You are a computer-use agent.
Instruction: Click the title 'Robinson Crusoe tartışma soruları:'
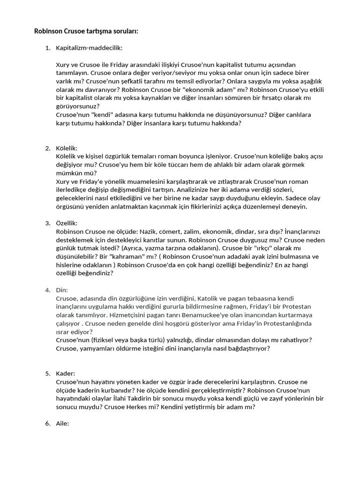click(x=86, y=31)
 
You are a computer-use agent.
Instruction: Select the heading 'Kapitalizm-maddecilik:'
click(x=89, y=48)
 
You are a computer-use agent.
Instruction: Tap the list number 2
click(x=47, y=148)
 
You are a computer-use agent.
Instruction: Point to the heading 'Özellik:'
click(x=67, y=223)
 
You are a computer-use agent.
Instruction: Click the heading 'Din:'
click(x=62, y=290)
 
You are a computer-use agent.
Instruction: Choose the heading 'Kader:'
click(x=65, y=374)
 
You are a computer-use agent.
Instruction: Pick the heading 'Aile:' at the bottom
click(x=62, y=424)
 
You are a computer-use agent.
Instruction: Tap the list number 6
click(x=47, y=424)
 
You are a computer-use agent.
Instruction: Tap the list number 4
click(x=47, y=290)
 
